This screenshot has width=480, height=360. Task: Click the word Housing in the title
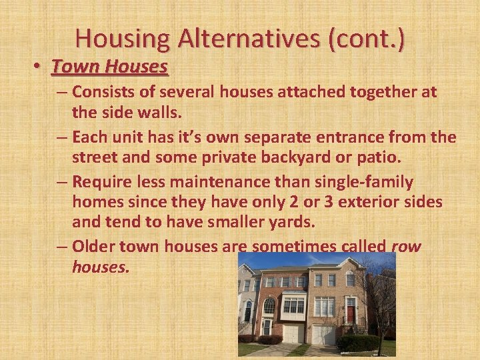click(x=123, y=38)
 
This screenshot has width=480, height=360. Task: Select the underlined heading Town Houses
click(x=110, y=67)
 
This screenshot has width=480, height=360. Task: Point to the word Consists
click(x=101, y=91)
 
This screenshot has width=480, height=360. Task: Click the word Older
click(x=93, y=247)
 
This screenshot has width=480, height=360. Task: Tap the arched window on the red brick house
click(x=269, y=305)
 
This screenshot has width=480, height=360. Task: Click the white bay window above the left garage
click(x=293, y=305)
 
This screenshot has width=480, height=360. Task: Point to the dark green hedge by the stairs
click(x=357, y=342)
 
